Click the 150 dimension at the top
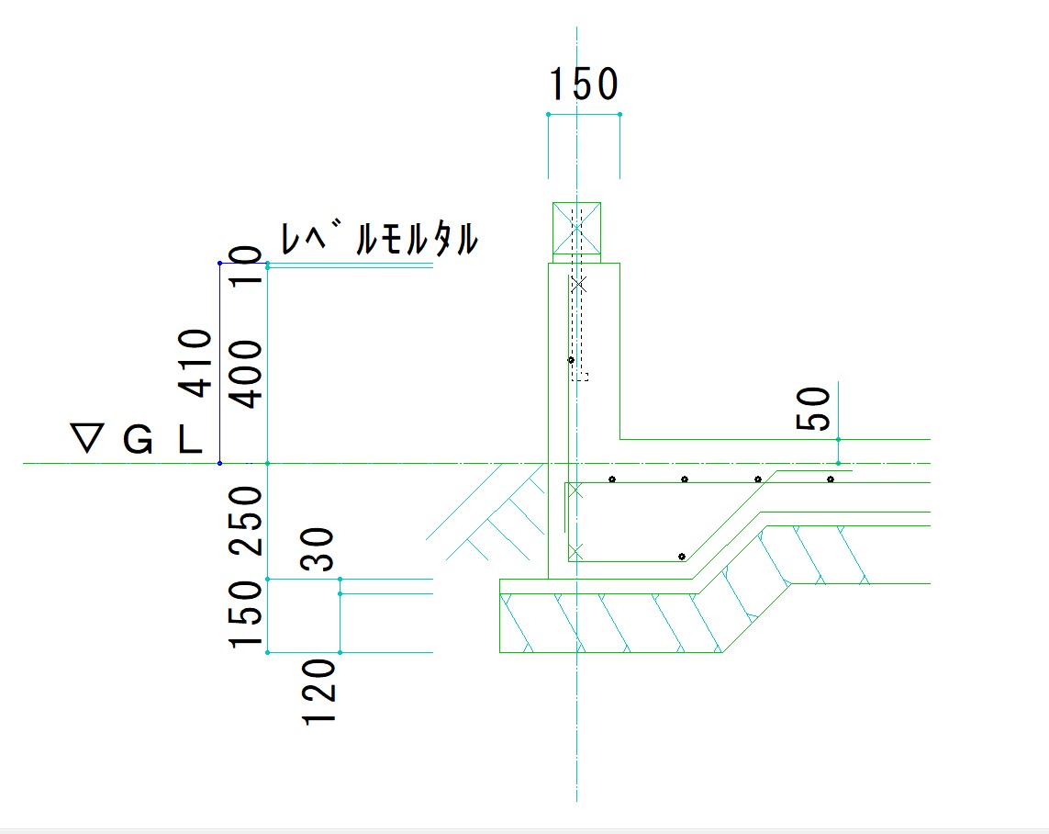pyautogui.click(x=583, y=85)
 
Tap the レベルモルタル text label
pyautogui.click(x=378, y=240)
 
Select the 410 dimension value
pyautogui.click(x=195, y=363)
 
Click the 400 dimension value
pyautogui.click(x=244, y=374)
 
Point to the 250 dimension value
pyautogui.click(x=246, y=521)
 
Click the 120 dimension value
pyautogui.click(x=319, y=691)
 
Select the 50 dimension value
pyautogui.click(x=813, y=410)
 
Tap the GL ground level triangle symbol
pyautogui.click(x=87, y=440)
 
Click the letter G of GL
pyautogui.click(x=138, y=442)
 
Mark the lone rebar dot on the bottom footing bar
pyautogui.click(x=681, y=557)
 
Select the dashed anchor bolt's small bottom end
pyautogui.click(x=579, y=376)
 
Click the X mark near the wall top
pyautogui.click(x=578, y=286)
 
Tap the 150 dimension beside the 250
pyautogui.click(x=246, y=614)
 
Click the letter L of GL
pyautogui.click(x=189, y=442)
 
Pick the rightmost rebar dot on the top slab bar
pyautogui.click(x=830, y=479)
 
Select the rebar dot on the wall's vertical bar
pyautogui.click(x=571, y=360)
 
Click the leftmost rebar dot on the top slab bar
pyautogui.click(x=611, y=479)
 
